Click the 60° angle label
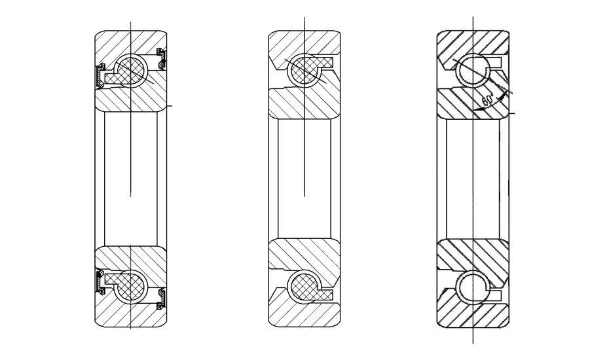point(488,100)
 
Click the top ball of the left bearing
point(131,71)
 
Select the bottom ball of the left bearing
point(131,287)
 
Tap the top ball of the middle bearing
point(304,71)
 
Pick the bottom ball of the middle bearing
point(304,287)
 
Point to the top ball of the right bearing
point(473,71)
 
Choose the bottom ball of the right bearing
point(473,287)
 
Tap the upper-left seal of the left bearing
point(100,75)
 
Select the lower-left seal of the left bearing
point(100,282)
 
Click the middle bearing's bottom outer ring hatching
point(304,314)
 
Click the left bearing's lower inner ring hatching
point(131,259)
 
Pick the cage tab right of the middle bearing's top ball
point(326,62)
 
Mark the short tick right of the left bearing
point(170,105)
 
